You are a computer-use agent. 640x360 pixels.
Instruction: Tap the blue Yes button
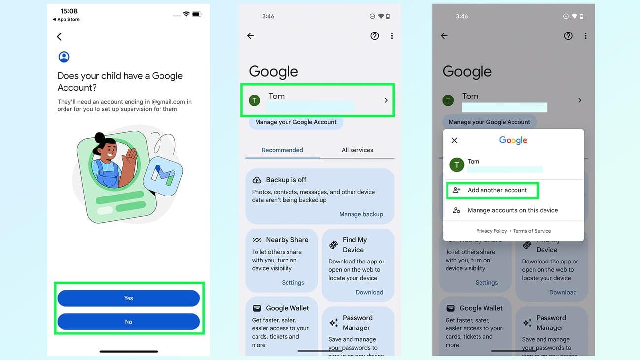coord(128,298)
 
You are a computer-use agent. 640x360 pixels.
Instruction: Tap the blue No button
coord(128,322)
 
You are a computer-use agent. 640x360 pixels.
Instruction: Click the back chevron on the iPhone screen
coord(59,37)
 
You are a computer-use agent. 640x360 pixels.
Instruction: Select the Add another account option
coord(497,190)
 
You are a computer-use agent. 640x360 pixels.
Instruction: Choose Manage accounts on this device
coord(512,210)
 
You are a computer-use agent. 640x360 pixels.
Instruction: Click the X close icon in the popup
coord(454,140)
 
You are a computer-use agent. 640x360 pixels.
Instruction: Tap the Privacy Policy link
coord(491,231)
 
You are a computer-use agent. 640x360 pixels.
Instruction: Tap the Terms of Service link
coord(532,231)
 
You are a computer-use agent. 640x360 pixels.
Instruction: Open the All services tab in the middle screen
coord(357,150)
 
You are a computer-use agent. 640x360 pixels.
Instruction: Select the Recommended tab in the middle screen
coord(283,150)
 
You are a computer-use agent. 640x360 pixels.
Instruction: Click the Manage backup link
coord(361,214)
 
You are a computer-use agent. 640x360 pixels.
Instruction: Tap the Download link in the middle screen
coord(369,292)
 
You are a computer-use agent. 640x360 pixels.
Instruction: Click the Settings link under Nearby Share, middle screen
coord(293,283)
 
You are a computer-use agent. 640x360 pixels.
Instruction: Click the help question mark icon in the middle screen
coord(375,36)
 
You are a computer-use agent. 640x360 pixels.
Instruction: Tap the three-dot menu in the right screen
coord(585,36)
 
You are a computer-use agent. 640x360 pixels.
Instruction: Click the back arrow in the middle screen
coord(251,36)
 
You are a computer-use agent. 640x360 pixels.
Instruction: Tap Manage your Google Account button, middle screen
coord(296,122)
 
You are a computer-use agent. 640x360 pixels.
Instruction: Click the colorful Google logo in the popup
coord(513,140)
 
